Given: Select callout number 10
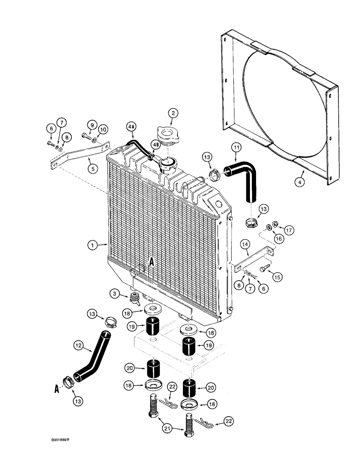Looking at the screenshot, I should [x=103, y=129].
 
